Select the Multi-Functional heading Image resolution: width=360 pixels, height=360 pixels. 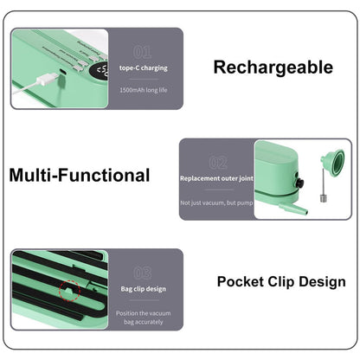[79, 176]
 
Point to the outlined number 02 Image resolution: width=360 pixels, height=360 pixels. [217, 162]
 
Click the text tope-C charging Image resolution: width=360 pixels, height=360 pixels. [144, 67]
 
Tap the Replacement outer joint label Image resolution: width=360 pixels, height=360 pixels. [216, 178]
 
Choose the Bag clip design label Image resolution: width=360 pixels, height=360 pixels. [144, 289]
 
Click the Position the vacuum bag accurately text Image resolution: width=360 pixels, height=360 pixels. [144, 317]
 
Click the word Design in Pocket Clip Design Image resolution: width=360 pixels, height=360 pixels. [322, 281]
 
